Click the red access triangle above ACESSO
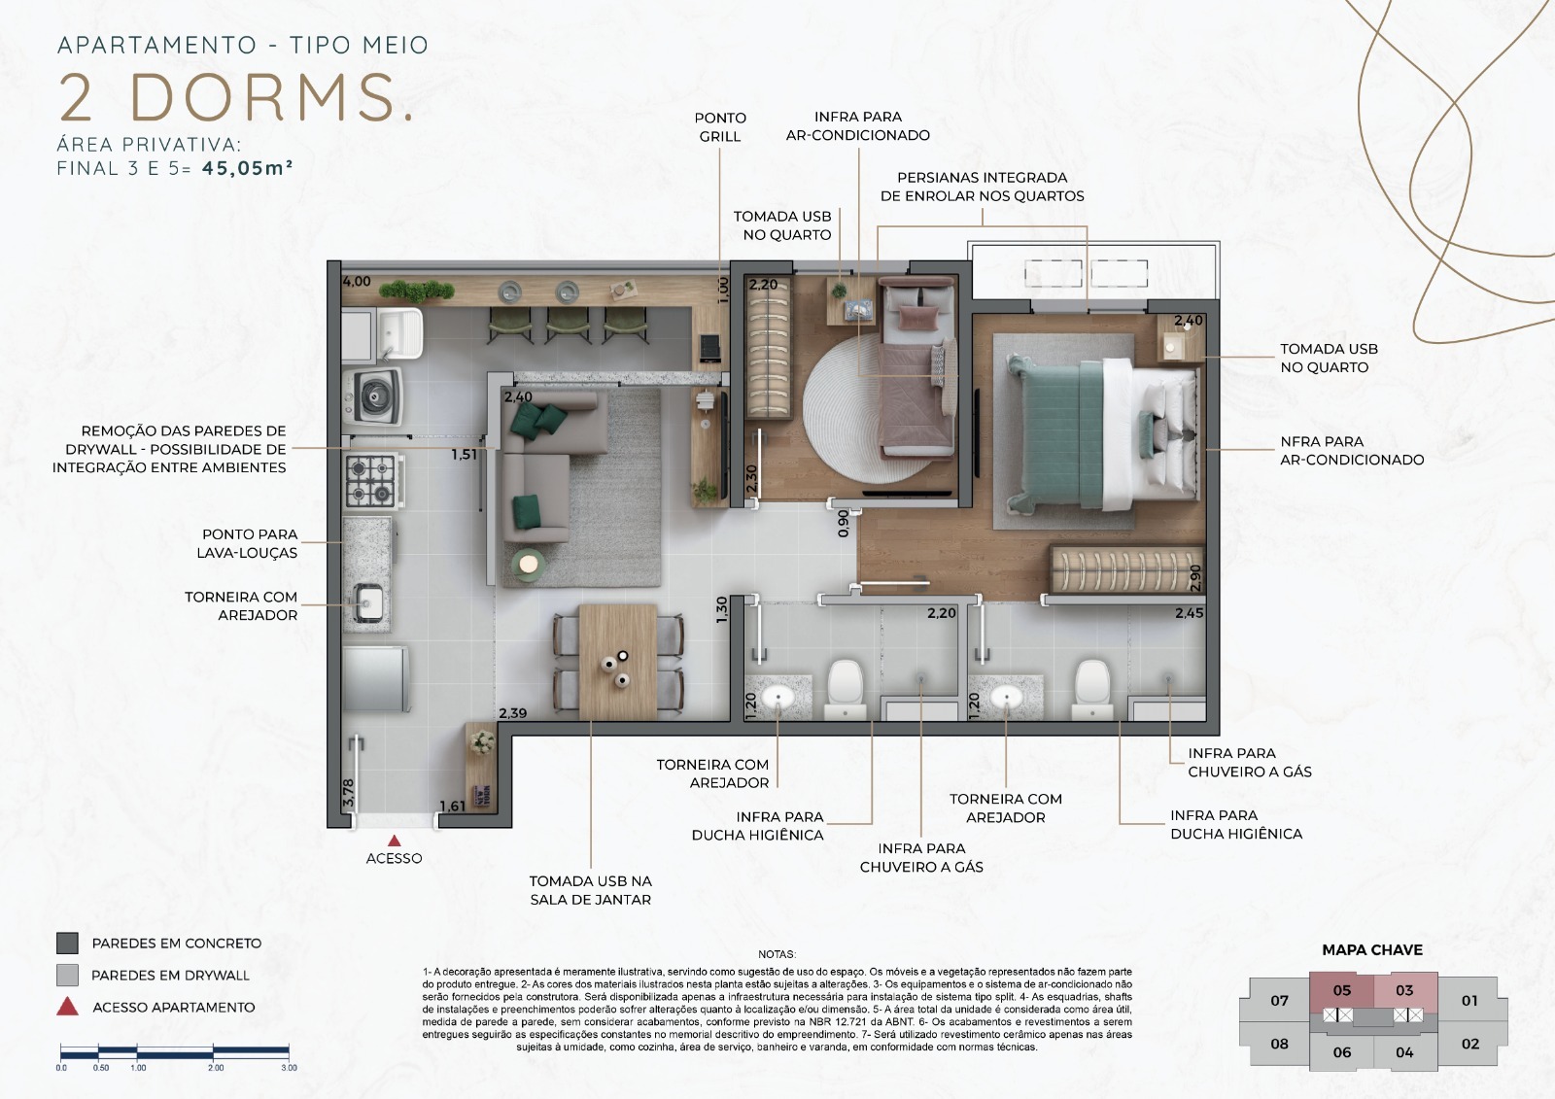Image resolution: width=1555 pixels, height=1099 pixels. (394, 841)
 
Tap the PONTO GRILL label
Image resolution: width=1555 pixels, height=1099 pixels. (720, 127)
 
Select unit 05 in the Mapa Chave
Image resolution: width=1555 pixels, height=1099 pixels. (1341, 991)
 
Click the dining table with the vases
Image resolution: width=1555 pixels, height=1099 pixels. (618, 661)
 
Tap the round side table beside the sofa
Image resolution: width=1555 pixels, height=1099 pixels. (529, 563)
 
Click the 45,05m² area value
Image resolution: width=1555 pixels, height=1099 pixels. (247, 168)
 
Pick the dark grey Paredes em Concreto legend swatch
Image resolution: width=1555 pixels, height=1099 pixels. (67, 943)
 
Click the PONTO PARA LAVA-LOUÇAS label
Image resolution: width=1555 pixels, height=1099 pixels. (249, 543)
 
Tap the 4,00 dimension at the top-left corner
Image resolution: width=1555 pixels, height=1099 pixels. (357, 282)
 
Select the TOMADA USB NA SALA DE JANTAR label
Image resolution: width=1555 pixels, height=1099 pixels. (590, 890)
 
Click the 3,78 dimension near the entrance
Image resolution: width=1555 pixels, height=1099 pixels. (349, 792)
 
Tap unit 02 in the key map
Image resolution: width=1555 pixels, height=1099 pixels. (1469, 1044)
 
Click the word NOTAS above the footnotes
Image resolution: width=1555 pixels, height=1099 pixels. (777, 954)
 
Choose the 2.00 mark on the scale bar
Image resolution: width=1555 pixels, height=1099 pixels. (215, 1068)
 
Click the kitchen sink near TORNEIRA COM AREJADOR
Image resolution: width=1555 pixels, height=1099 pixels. (368, 601)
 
